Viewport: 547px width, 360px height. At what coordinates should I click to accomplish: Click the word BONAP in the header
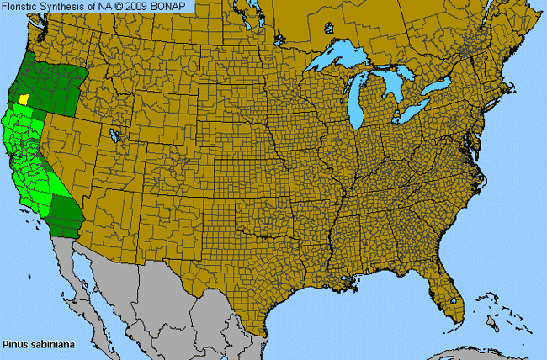coord(174,6)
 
